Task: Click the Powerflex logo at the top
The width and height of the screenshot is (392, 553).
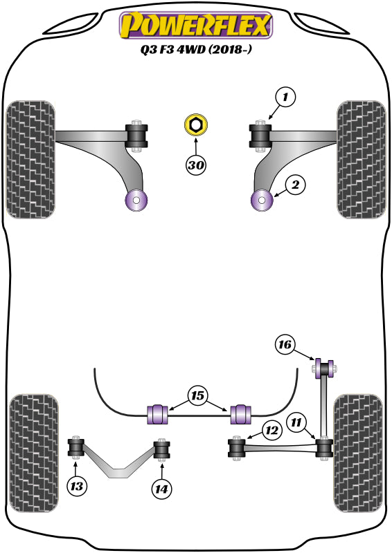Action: coord(196,26)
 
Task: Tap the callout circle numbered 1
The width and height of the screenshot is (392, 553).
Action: coord(284,97)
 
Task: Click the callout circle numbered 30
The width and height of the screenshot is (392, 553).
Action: coord(196,165)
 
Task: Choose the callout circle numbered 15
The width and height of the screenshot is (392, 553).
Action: coord(198,397)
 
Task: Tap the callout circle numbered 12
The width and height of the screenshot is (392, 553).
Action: coord(271,431)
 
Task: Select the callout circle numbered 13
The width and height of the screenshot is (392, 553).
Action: coord(78,487)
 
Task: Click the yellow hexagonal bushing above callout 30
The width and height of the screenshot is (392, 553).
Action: coord(196,126)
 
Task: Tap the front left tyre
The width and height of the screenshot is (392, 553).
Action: coord(30,160)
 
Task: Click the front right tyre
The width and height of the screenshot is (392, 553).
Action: coord(359,160)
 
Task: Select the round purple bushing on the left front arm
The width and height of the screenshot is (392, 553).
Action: coord(136,200)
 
